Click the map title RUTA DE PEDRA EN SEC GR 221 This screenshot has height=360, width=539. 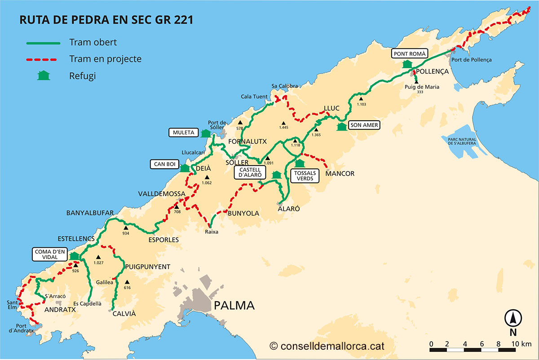[107, 21]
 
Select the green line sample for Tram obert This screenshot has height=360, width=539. [43, 43]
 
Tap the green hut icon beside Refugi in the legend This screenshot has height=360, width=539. [44, 75]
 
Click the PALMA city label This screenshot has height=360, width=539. [234, 306]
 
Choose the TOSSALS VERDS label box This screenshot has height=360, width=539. [305, 176]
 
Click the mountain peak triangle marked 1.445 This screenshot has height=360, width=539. [283, 123]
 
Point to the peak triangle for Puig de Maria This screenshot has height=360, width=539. [416, 82]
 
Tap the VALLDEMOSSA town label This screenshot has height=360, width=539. [162, 194]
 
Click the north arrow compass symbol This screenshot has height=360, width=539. [512, 318]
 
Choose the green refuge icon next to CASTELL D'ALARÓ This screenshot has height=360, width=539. [277, 174]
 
